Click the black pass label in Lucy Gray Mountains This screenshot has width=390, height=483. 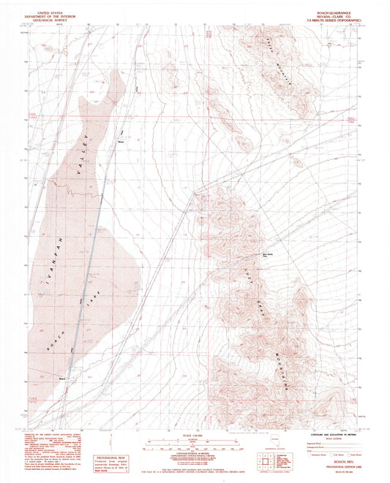[x=268, y=256]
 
